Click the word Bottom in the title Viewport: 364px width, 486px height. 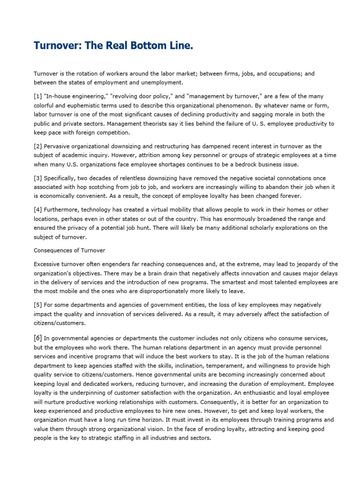click(x=147, y=46)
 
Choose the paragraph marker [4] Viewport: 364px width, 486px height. click(x=38, y=209)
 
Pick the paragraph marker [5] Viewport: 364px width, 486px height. click(x=38, y=305)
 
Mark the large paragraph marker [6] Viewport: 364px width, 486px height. click(x=38, y=338)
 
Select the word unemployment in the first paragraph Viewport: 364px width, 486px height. click(x=162, y=83)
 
